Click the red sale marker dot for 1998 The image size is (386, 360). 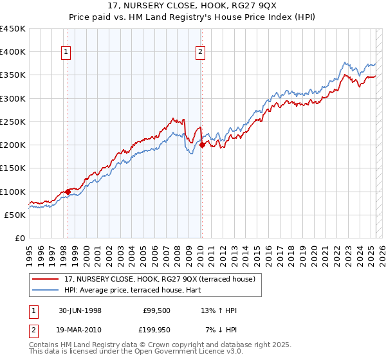pos(68,192)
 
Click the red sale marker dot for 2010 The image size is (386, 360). pos(202,145)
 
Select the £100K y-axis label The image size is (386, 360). pos(13,192)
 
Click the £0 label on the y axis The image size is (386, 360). pos(19,239)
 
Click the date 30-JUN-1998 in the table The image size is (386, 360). pos(80,310)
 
